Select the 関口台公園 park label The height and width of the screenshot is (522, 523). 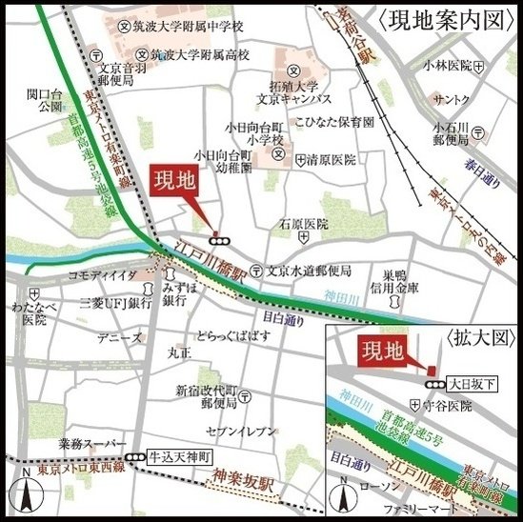(x=44, y=101)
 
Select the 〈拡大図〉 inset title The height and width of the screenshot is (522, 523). (x=479, y=338)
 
